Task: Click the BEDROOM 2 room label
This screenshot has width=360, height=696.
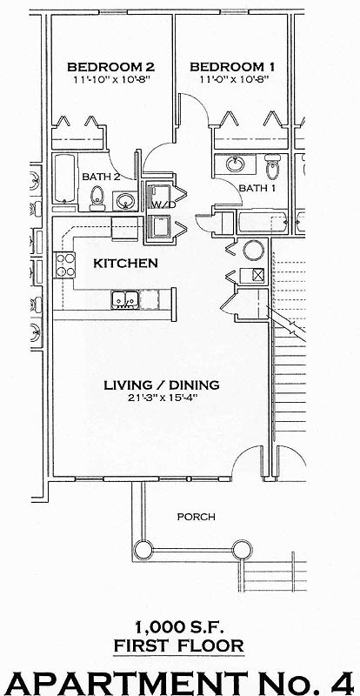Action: click(x=110, y=66)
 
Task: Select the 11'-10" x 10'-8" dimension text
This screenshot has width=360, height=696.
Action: click(x=110, y=79)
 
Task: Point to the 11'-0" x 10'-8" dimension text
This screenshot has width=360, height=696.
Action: click(x=232, y=79)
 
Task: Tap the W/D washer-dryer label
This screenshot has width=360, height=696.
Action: click(x=160, y=205)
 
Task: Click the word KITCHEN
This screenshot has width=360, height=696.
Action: click(x=125, y=263)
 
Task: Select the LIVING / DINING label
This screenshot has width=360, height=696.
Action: click(x=161, y=385)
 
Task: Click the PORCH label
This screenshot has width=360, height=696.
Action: click(x=196, y=517)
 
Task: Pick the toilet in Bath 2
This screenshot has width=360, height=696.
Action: click(x=97, y=198)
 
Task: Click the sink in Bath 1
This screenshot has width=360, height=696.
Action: click(x=235, y=163)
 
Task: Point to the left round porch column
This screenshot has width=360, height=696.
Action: click(x=142, y=550)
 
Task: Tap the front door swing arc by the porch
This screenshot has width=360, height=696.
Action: click(x=251, y=462)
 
